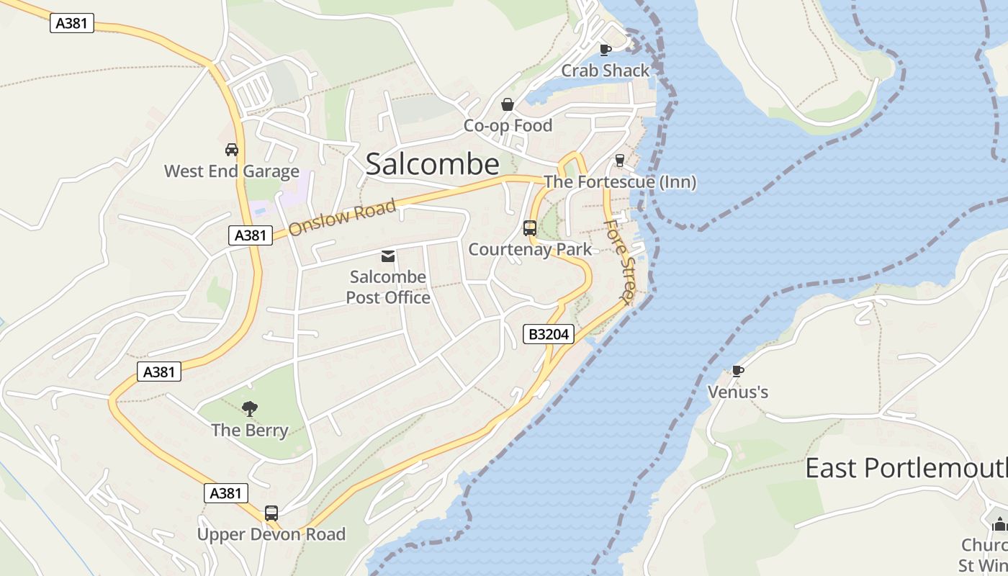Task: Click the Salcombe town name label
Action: pyautogui.click(x=432, y=164)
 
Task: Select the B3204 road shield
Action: pyautogui.click(x=548, y=334)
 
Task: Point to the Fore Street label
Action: pyautogui.click(x=620, y=261)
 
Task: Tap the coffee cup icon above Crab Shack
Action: pyautogui.click(x=606, y=50)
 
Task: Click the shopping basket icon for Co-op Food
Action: pyautogui.click(x=508, y=105)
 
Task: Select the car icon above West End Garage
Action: pyautogui.click(x=231, y=150)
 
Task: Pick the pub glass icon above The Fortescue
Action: pyautogui.click(x=619, y=160)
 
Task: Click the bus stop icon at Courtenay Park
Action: pyautogui.click(x=530, y=228)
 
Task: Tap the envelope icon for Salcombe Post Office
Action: pyautogui.click(x=388, y=256)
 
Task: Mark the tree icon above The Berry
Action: pyautogui.click(x=250, y=409)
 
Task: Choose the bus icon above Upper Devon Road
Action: pyautogui.click(x=271, y=513)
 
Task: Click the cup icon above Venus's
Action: pyautogui.click(x=737, y=371)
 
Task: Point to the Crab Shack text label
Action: pyautogui.click(x=605, y=71)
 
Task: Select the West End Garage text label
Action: pyautogui.click(x=231, y=171)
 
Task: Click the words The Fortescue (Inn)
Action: pyautogui.click(x=619, y=182)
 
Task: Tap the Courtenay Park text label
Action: pyautogui.click(x=530, y=250)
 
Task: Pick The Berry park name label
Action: pyautogui.click(x=250, y=431)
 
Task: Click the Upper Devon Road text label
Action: pyautogui.click(x=271, y=534)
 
